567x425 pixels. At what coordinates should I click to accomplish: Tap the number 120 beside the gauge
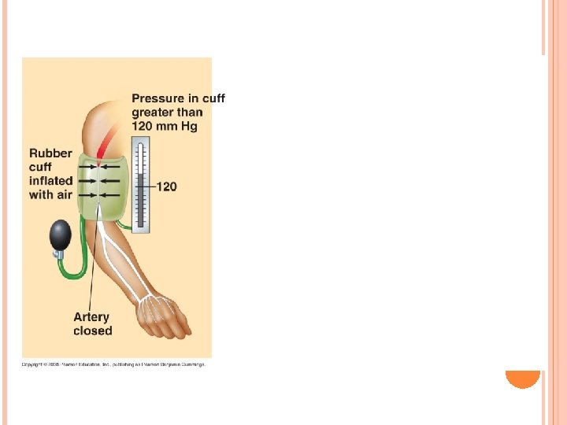pos(167,187)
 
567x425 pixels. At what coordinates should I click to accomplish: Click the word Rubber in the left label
pos(50,153)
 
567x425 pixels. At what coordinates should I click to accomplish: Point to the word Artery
pos(91,317)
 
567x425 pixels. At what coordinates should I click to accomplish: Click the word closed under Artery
pos(93,331)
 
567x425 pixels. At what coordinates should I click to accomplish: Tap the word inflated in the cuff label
pos(50,181)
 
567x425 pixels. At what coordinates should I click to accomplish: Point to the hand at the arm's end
pos(164,314)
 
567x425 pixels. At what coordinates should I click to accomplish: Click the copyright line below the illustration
pos(113,364)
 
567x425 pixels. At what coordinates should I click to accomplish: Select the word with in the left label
pos(42,194)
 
